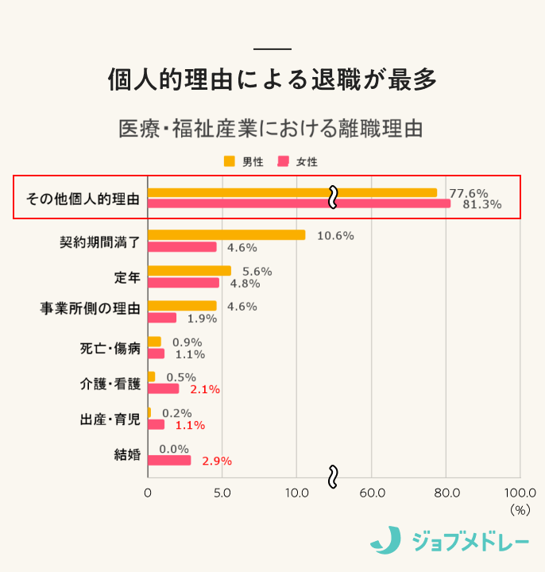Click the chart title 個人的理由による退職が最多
coord(272,79)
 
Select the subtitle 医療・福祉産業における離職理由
coord(272,128)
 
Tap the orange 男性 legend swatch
coord(230,161)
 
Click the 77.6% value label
coord(469,193)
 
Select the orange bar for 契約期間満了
coord(226,235)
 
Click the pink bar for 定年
coord(183,283)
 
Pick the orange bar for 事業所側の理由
coord(182,306)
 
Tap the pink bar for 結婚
coord(169,460)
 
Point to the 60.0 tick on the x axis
coord(372,493)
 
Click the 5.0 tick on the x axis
coord(222,493)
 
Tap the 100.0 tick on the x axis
coord(520,493)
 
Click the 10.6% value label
coord(335,236)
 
